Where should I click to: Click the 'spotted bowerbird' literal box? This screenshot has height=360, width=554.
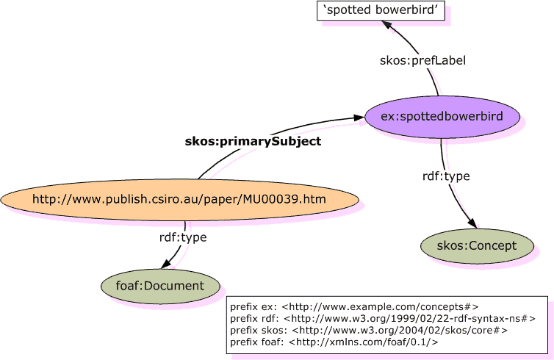[381, 11]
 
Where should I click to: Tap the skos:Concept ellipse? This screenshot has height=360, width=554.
[476, 245]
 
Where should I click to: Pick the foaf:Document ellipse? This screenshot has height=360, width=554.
[161, 286]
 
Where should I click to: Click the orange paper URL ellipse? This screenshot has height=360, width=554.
[179, 198]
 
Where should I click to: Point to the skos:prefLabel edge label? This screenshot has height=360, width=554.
[412, 59]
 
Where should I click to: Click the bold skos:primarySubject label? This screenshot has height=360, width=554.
[253, 142]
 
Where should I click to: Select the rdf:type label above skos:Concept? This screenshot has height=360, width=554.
[446, 176]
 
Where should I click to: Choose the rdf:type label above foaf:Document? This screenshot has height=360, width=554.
[183, 237]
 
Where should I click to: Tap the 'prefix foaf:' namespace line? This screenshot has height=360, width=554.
[334, 342]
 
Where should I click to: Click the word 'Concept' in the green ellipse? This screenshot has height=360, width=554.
[493, 245]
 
